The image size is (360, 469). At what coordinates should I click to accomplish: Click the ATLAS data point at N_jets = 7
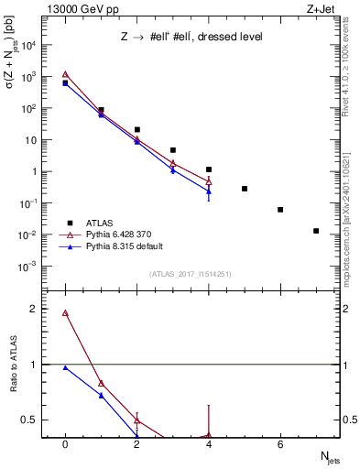(x=316, y=231)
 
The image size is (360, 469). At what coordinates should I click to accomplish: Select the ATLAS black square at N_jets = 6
(x=280, y=210)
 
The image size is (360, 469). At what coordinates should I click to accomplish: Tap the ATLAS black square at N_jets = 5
(x=245, y=189)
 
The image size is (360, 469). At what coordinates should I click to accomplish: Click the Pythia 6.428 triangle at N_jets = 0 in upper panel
(x=65, y=75)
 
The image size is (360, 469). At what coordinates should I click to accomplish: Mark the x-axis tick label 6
(x=280, y=443)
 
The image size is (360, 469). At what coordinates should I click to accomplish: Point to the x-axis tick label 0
(x=65, y=443)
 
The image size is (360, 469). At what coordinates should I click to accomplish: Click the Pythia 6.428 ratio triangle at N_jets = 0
(x=65, y=313)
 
